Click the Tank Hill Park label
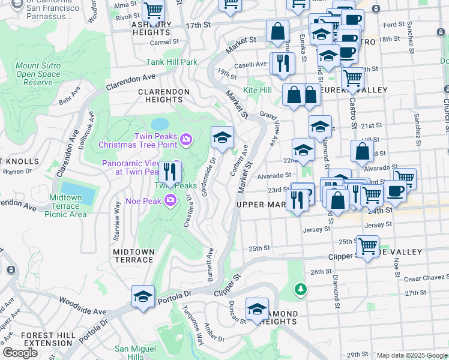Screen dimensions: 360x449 point(172,62)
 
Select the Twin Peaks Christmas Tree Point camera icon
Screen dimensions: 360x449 point(186,140)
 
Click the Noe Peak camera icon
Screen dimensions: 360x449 point(171,200)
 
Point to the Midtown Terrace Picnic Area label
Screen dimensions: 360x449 point(66,206)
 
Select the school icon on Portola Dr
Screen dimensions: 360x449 point(143,296)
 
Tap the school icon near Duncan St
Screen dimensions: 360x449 point(258,308)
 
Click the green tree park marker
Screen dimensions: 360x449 point(300,290)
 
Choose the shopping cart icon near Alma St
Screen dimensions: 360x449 point(154,10)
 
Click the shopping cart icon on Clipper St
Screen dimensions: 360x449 point(367,244)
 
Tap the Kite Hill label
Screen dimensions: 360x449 point(258,90)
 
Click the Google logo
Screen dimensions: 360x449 point(20,353)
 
